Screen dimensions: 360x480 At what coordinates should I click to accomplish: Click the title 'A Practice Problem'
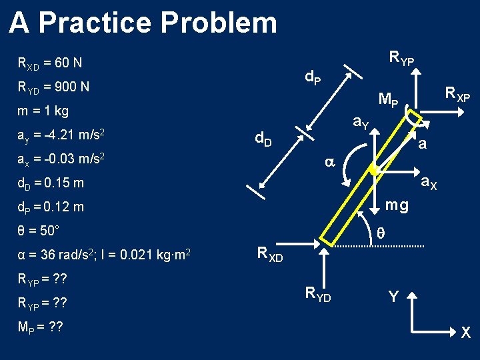coord(143,23)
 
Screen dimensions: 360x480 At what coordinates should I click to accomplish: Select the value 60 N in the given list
coord(69,63)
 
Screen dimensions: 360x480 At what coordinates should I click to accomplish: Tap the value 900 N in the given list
coord(74,87)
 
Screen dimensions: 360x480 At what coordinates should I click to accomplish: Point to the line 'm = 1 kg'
coord(43,111)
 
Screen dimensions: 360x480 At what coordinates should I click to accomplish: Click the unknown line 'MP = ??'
coord(41,329)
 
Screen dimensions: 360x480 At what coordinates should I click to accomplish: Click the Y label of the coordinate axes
coord(393,297)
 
